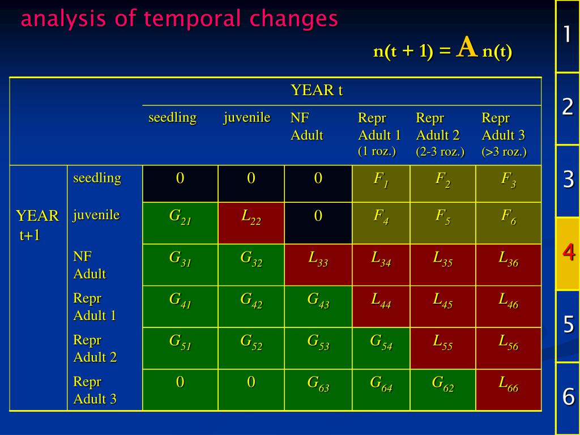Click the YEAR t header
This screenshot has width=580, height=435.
click(317, 91)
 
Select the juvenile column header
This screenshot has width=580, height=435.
click(246, 118)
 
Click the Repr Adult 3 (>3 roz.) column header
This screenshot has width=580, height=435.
click(504, 135)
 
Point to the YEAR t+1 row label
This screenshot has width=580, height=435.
click(37, 224)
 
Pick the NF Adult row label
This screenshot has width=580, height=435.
click(89, 265)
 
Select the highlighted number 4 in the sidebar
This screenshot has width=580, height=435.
click(568, 253)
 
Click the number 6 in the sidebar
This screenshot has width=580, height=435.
click(568, 396)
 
